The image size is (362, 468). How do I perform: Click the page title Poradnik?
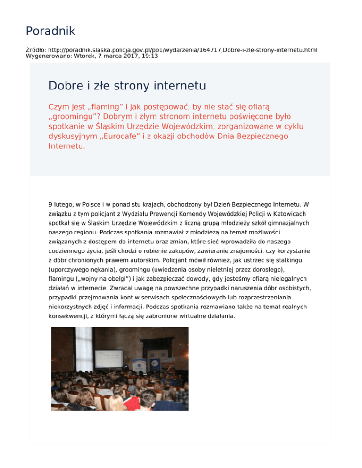click(50, 32)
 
